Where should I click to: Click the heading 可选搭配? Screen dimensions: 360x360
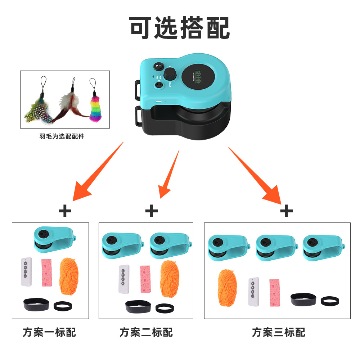point(180,28)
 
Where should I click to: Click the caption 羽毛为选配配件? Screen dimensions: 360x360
point(62,136)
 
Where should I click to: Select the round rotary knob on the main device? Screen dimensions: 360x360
point(170,75)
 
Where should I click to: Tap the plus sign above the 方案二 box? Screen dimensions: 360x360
point(152,211)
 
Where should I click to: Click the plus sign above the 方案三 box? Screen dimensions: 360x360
point(286,211)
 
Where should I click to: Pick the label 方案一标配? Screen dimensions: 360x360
point(50,332)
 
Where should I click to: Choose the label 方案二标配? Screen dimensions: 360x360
point(146,332)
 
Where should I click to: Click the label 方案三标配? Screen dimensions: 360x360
point(278,332)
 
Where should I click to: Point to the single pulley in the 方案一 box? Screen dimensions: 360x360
point(54,240)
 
